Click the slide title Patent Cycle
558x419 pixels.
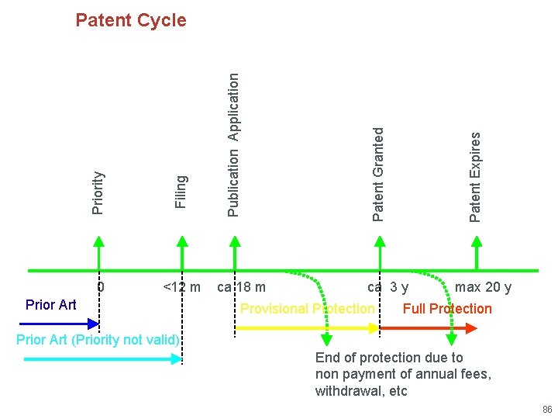pos(131,20)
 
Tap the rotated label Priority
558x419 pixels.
pos(98,192)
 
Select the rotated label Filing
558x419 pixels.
pos(181,192)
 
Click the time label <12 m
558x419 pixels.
pos(182,288)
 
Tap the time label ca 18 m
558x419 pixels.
pos(241,288)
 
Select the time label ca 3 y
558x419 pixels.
pos(388,288)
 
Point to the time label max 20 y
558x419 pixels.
pos(483,288)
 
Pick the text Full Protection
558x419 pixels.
pos(447,309)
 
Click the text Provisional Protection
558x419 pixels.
pos(307,309)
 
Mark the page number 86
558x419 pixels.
pos(547,409)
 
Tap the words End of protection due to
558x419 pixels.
pos(389,358)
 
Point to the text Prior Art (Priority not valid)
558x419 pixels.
pos(98,340)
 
